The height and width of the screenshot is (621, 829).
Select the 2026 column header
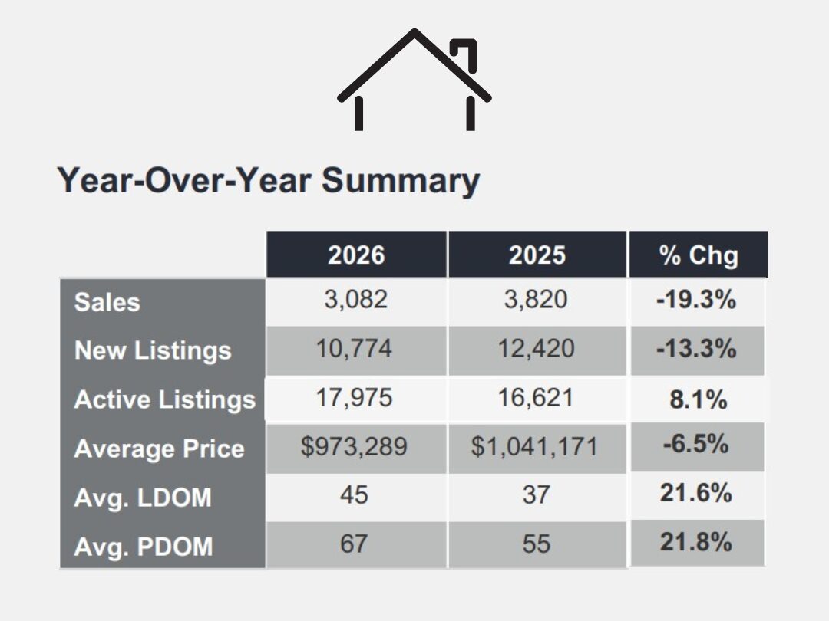(356, 255)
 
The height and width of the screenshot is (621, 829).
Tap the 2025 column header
(537, 255)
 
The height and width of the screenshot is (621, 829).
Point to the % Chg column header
(698, 255)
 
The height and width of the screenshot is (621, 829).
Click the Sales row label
(107, 301)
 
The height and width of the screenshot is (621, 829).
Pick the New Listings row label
(153, 350)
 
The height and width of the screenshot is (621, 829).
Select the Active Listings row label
(164, 399)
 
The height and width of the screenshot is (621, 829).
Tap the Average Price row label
(159, 449)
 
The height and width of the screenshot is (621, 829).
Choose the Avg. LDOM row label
(142, 498)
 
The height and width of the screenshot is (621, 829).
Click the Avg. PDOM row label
(143, 547)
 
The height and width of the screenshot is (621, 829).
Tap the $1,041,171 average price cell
(534, 447)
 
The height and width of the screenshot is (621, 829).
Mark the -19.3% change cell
(696, 300)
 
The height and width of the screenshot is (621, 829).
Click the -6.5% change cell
(696, 445)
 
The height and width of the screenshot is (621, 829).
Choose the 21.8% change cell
(696, 542)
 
